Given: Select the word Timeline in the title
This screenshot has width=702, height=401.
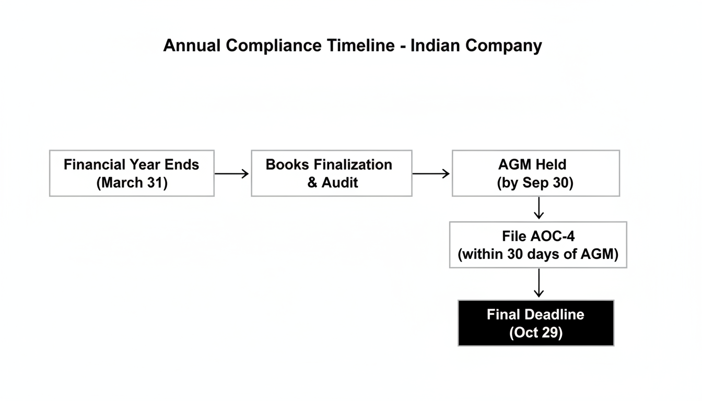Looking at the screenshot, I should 361,46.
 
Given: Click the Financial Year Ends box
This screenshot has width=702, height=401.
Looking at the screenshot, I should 132,173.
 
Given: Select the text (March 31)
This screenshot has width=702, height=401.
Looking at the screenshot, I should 132,183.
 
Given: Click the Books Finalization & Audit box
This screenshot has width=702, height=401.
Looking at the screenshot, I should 331,173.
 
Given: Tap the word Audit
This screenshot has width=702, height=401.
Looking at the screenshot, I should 340,183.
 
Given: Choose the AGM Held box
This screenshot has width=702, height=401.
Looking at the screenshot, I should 535,173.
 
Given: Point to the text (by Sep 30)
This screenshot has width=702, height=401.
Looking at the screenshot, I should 535,183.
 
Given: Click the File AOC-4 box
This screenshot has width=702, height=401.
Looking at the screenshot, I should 538,245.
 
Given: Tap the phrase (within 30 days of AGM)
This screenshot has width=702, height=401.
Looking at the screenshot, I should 538,254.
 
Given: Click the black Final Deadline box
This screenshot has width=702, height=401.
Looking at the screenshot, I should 535,323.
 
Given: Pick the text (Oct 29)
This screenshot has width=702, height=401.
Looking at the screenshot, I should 535,333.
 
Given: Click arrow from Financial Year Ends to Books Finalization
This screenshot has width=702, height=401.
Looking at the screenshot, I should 232,173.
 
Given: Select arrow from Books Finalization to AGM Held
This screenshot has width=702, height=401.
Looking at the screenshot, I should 431,173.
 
